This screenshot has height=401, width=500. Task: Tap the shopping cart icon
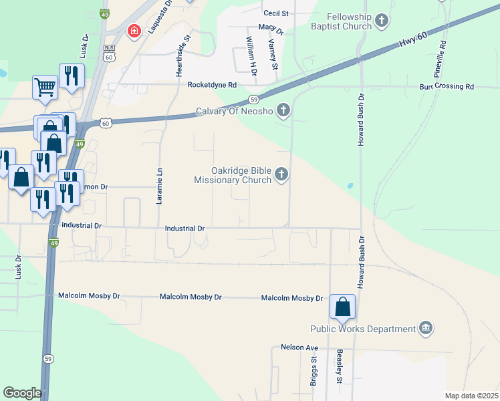(x=45, y=85)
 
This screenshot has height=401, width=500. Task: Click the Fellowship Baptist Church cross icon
(x=382, y=21)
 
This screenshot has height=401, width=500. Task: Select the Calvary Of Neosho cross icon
(x=283, y=110)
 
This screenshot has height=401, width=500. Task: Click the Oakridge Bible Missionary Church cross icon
(x=281, y=175)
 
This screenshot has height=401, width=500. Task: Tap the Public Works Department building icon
(x=425, y=328)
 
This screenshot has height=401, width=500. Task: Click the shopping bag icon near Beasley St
(x=342, y=307)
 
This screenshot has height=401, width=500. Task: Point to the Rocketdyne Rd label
(x=212, y=85)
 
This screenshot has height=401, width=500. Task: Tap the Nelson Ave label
(x=299, y=348)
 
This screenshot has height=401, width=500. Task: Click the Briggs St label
(x=314, y=370)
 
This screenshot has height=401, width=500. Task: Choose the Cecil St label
(x=276, y=13)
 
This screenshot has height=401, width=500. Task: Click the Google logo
(x=22, y=393)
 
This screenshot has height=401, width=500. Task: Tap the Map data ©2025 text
(x=471, y=396)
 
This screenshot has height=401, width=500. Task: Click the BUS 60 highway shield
(x=108, y=53)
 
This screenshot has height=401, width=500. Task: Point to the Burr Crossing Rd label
(x=447, y=87)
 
